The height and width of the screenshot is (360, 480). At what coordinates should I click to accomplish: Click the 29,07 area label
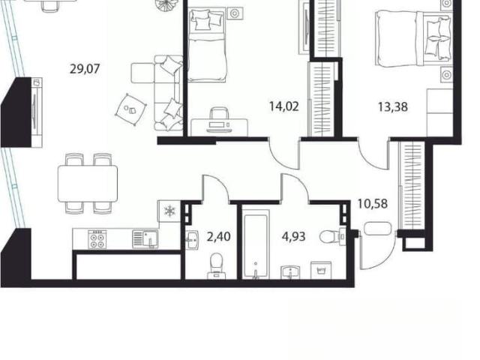(85, 69)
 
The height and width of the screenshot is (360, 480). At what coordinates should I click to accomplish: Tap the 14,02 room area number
(283, 106)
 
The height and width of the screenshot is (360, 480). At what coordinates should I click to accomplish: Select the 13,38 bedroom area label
(393, 107)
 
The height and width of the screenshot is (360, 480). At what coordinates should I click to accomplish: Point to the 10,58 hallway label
(373, 203)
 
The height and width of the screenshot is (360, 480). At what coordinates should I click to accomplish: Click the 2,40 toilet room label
(219, 237)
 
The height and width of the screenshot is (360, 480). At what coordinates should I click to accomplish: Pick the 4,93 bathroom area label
(293, 237)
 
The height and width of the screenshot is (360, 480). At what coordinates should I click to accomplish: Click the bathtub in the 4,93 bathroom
(256, 244)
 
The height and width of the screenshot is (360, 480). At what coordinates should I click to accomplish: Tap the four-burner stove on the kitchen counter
(97, 239)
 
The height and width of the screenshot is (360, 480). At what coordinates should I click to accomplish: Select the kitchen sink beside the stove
(145, 238)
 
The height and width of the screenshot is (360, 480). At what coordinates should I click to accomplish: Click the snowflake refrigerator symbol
(169, 211)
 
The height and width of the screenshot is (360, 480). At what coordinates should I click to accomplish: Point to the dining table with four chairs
(88, 183)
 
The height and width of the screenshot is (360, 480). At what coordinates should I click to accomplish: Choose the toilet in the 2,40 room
(217, 265)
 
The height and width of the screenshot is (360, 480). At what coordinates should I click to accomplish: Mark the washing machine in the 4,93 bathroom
(321, 270)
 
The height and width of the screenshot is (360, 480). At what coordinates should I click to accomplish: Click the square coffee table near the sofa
(131, 109)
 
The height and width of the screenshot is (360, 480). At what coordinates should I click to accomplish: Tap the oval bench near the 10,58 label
(378, 229)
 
